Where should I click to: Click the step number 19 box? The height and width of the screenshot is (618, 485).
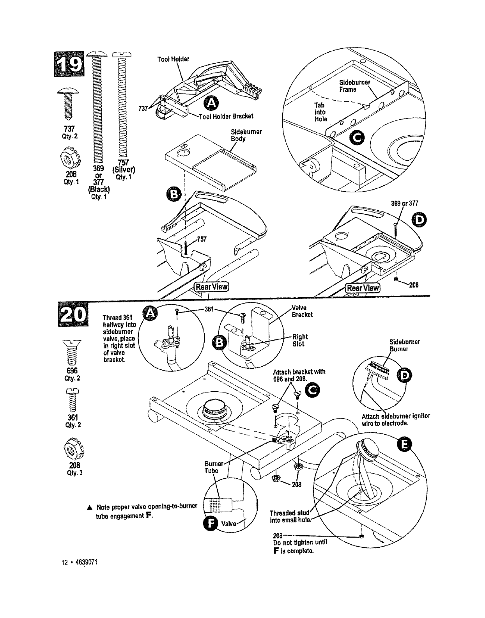click(71, 65)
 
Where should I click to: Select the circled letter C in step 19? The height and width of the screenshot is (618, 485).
click(357, 136)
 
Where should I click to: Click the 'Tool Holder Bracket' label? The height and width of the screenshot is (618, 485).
click(226, 116)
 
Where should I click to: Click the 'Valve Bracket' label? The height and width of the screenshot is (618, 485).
click(302, 311)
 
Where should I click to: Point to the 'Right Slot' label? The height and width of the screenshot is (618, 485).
click(300, 340)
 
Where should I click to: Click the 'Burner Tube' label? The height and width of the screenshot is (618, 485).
click(213, 467)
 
